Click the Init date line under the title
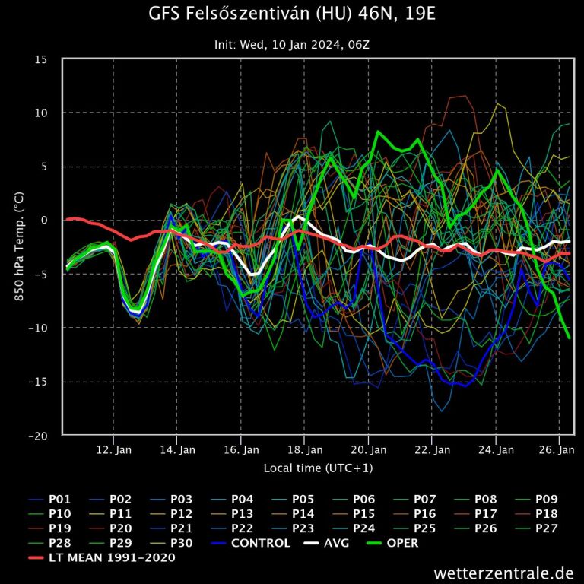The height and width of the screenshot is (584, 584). pos(292,45)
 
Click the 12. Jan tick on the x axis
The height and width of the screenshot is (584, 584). pos(113,449)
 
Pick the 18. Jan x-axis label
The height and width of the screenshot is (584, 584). pos(304,449)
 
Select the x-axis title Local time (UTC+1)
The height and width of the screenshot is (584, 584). pos(318,468)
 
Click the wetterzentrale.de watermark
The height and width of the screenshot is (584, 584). pos(504,572)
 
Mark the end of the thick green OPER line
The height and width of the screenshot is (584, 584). pos(569,337)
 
